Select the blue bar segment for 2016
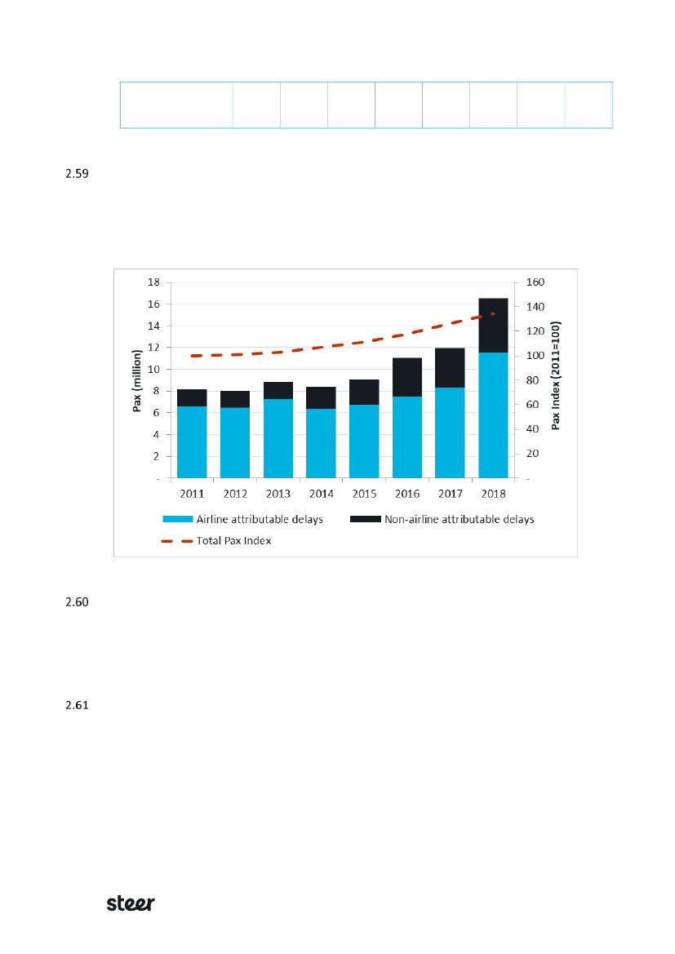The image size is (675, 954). point(406,437)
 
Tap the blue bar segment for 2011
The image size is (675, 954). point(191,442)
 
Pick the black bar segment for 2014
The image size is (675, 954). point(321,397)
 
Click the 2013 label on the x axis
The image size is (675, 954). point(278,494)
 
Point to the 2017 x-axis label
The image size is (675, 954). point(450,494)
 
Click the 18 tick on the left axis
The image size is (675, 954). point(153,282)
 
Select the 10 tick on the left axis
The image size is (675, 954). point(153,370)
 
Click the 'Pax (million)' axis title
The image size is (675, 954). point(138,379)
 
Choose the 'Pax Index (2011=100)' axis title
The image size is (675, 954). point(556,375)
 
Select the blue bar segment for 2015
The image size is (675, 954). point(364,441)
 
